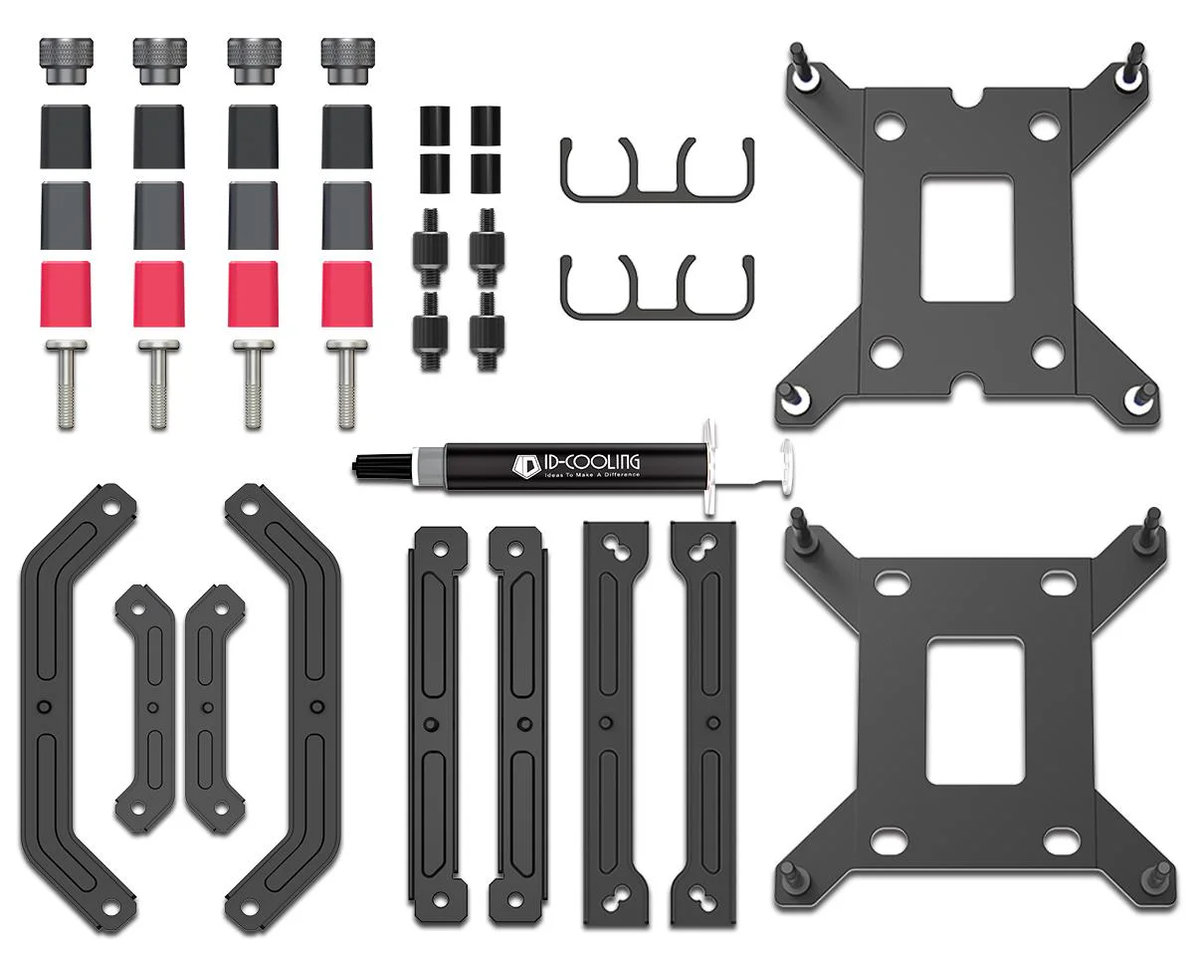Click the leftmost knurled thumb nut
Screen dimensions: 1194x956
[x=66, y=61]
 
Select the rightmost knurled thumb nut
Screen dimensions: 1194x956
[x=348, y=61]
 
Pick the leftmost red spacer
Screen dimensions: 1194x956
[x=65, y=295]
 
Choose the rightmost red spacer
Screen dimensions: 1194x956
[x=347, y=295]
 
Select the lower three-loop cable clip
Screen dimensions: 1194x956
[x=658, y=314]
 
